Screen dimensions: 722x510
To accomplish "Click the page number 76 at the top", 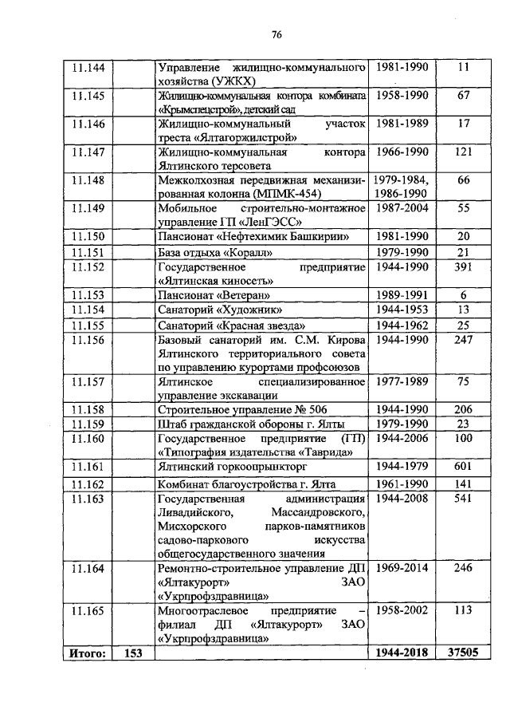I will (x=277, y=34).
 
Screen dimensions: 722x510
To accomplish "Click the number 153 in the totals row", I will (x=133, y=653).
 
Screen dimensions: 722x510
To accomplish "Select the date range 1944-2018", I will (x=402, y=653).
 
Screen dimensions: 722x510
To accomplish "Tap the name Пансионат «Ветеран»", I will (x=206, y=295).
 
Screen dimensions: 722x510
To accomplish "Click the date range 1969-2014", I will (x=402, y=568).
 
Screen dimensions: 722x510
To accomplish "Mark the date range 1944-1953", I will (x=402, y=310).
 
